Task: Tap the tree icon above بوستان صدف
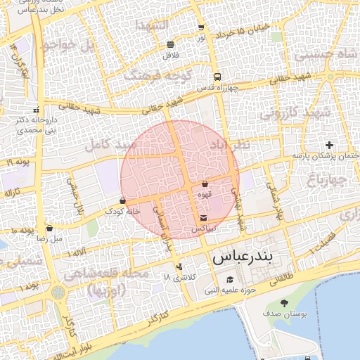284,303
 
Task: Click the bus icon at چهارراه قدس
217,77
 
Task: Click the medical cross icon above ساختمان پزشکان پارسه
329,144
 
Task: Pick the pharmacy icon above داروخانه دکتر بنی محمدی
35,109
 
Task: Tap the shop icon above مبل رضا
49,228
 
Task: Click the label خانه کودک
117,211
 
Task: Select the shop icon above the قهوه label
205,184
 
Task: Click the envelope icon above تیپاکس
204,217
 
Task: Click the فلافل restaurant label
172,54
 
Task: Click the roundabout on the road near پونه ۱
58,292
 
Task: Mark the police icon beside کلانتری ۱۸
180,266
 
